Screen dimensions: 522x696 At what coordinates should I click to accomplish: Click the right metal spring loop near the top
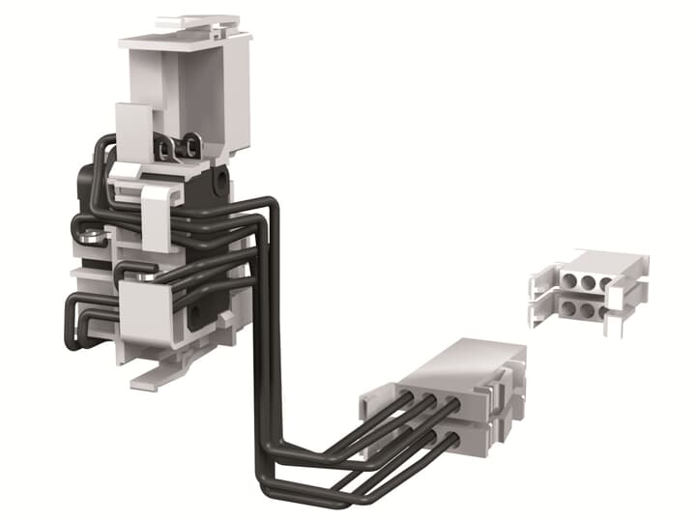[193, 146]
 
